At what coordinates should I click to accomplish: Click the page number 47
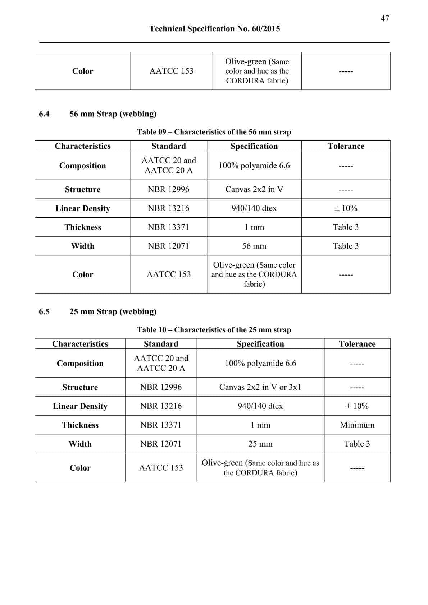[384, 18]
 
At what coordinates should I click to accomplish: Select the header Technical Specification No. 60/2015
[214, 29]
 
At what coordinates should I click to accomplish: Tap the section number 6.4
[44, 114]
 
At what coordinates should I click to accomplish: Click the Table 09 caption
[214, 132]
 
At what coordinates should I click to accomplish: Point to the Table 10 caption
[214, 330]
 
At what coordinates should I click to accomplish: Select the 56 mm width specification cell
[254, 246]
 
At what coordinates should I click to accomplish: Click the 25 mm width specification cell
[260, 444]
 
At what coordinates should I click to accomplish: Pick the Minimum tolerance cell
[357, 425]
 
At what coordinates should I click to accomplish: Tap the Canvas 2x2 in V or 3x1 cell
[260, 387]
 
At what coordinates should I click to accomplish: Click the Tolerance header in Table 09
[346, 146]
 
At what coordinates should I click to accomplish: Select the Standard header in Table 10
[161, 344]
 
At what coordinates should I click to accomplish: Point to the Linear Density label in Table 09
[83, 208]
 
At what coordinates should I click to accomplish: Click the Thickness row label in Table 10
[80, 425]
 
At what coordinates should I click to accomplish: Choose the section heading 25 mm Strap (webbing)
[113, 311]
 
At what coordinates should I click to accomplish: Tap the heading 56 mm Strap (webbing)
[113, 114]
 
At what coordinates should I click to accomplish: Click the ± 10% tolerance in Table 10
[357, 406]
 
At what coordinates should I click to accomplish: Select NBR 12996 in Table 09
[168, 189]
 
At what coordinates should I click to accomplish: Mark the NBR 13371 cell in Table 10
[161, 425]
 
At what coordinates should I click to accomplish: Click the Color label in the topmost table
[83, 71]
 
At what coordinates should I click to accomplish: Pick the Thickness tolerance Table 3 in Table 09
[346, 227]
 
